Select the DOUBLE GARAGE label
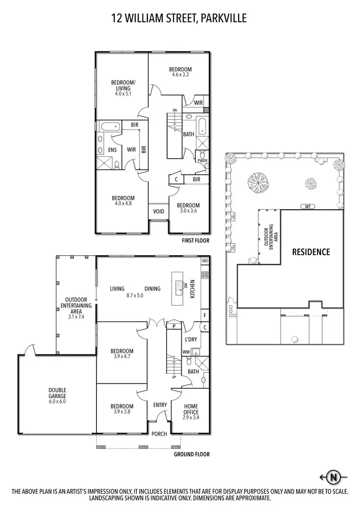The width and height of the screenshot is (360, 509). tap(57, 393)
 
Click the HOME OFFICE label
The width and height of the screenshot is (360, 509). tap(191, 409)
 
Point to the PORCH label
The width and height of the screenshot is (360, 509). tap(159, 434)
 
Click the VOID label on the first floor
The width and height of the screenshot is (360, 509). tap(158, 212)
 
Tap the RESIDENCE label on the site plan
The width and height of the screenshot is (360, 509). tap(312, 251)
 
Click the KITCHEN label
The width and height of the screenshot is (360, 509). tap(192, 289)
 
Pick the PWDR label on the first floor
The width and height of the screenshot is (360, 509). tap(201, 160)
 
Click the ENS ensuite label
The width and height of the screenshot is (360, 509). tap(112, 150)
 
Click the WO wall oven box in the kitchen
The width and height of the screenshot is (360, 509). tap(204, 260)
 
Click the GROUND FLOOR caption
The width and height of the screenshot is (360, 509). tap(192, 454)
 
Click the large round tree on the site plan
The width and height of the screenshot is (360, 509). tap(257, 181)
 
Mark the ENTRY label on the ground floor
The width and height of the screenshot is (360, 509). tap(160, 405)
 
